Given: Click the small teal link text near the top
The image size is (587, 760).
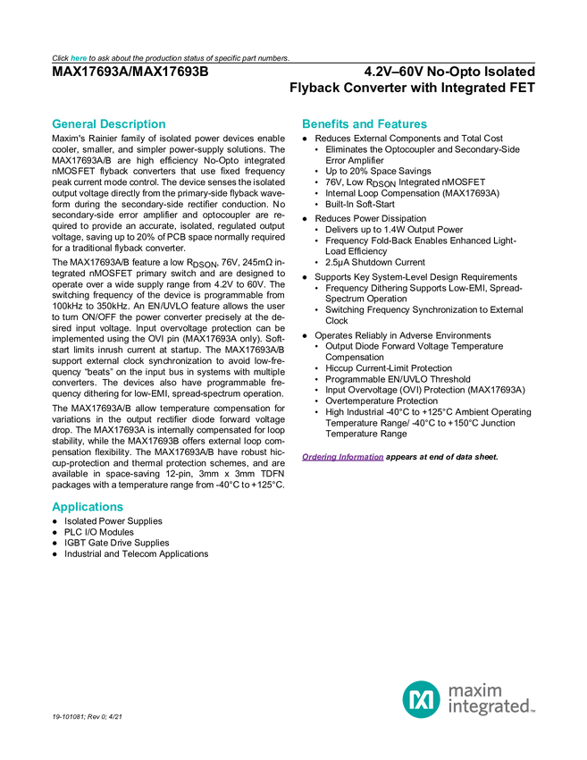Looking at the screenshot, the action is tap(79, 58).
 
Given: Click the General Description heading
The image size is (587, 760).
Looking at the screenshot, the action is tap(108, 124).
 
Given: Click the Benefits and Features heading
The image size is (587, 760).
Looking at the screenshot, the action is tap(365, 124).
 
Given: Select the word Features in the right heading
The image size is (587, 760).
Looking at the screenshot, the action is tap(404, 124).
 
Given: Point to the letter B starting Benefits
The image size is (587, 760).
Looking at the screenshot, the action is tap(305, 124).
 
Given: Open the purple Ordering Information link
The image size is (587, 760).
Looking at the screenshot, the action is tap(342, 457).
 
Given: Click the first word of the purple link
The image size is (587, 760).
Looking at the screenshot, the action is tap(319, 457).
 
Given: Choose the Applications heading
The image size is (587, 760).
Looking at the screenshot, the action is tap(87, 507).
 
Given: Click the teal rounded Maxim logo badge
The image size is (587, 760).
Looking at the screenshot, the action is tap(421, 699).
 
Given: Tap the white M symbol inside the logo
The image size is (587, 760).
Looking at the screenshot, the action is tap(421, 699).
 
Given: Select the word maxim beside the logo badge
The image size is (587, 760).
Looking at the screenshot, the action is tap(476, 689).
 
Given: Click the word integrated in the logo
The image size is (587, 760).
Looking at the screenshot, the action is tap(488, 708).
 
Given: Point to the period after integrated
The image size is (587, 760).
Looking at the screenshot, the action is tap(534, 713).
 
